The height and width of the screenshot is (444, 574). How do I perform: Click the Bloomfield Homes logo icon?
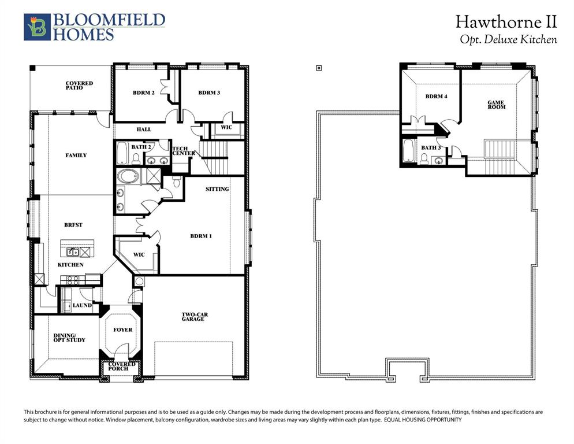pos(37,27)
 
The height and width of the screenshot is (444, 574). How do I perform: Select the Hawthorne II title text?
pos(506,22)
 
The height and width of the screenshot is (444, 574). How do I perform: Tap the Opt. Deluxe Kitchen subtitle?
pos(508,39)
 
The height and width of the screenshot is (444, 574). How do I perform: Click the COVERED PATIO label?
pos(79,85)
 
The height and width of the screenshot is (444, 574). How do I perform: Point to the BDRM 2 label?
pos(143,92)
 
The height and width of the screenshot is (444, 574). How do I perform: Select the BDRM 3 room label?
pos(209,92)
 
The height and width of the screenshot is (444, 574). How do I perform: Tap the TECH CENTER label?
pos(182,151)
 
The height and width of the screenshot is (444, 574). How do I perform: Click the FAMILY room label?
pos(76,155)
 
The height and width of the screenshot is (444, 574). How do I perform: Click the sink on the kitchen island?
pos(73,251)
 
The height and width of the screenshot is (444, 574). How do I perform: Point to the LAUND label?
pos(82,305)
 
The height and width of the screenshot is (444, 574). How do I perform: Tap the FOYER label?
pos(122,330)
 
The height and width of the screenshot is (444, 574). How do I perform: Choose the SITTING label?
pos(217,189)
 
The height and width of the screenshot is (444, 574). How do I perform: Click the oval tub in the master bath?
pos(128,176)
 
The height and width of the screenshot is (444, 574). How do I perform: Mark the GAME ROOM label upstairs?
pos(496,105)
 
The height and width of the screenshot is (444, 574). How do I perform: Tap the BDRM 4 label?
pos(436,97)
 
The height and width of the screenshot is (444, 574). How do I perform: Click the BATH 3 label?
pos(430,148)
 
